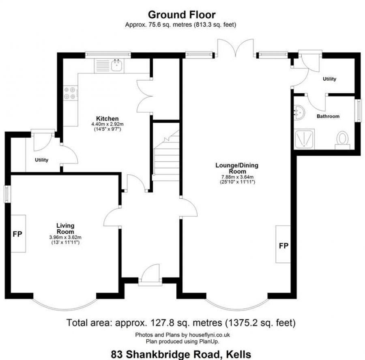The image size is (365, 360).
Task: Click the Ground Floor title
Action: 182,15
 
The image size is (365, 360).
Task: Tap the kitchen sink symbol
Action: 117,64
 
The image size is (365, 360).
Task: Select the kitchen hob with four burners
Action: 70,93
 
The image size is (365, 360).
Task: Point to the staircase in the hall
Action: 166,156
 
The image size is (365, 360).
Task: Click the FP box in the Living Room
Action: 18,234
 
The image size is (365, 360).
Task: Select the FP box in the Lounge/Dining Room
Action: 283,245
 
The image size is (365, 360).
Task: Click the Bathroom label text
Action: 328,116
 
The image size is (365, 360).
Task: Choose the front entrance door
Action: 150,276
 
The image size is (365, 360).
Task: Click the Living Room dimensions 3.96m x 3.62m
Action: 65,238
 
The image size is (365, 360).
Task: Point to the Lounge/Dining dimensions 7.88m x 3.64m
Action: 237,177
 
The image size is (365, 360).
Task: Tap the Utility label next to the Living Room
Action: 41,160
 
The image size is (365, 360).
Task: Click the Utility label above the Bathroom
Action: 329,79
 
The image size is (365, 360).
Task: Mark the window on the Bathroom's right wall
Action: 358,110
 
